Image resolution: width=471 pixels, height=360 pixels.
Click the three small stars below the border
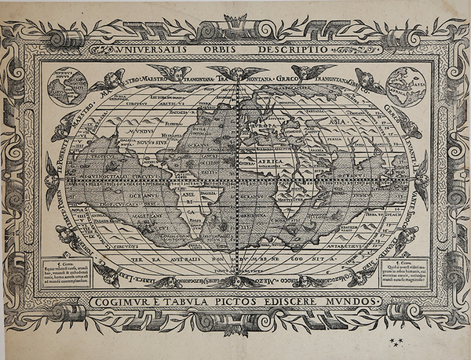tap(395, 342)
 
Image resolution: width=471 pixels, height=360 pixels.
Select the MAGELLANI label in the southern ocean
tap(124, 221)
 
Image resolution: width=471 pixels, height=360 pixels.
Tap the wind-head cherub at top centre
tap(236, 73)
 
